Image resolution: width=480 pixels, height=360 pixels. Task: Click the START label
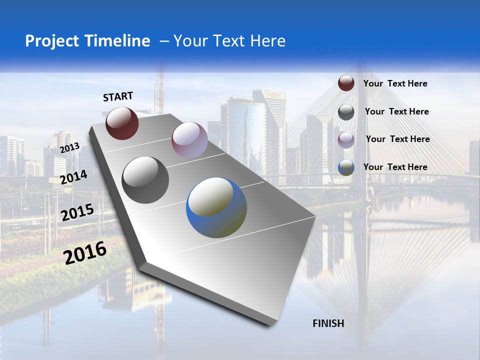pos(118,96)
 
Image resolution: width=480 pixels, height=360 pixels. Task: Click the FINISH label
pos(328,323)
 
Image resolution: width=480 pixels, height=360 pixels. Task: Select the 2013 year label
pos(69,148)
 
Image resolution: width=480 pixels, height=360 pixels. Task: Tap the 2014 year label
pos(74,177)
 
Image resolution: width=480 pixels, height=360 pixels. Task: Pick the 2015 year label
pos(77,212)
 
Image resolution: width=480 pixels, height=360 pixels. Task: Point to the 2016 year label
pos(85,253)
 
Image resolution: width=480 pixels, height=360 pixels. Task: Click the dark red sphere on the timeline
pos(122,123)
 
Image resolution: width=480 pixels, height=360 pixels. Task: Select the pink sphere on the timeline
pos(189,140)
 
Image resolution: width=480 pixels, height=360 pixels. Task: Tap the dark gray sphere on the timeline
pos(145,180)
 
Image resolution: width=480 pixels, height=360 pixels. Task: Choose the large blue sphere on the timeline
pos(216,207)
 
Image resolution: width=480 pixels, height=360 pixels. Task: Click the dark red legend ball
pos(346,83)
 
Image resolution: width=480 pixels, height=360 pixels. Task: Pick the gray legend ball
pos(346,112)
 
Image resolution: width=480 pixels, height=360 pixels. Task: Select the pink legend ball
pos(346,139)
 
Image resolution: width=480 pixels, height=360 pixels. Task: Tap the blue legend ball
pos(346,167)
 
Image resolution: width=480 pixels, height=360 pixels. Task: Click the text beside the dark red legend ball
pos(395,83)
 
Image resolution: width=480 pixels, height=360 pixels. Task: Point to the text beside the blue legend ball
pos(395,167)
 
